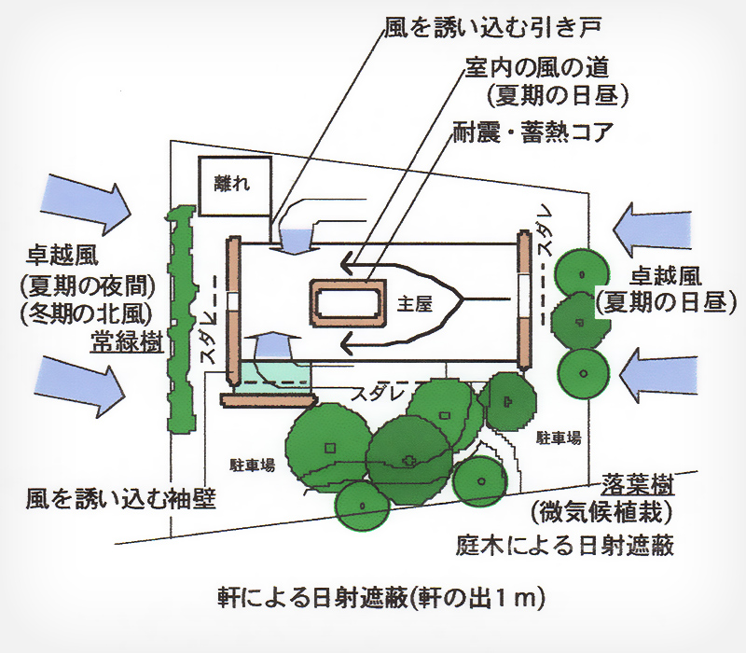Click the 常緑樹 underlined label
[x=126, y=342]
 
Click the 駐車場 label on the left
[x=252, y=464]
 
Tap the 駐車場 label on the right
[x=559, y=437]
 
